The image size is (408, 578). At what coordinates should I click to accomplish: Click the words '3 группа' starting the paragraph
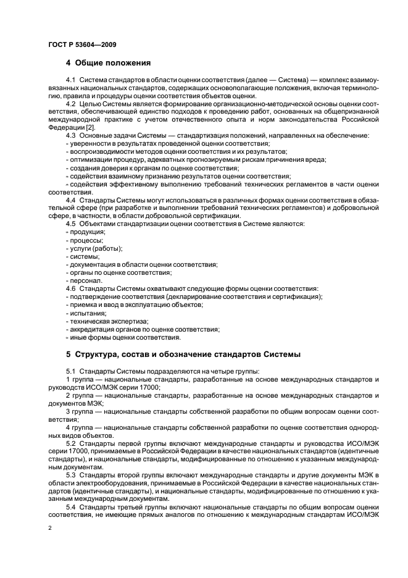[78, 411]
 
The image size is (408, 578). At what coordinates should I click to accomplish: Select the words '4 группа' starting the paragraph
[78, 427]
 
